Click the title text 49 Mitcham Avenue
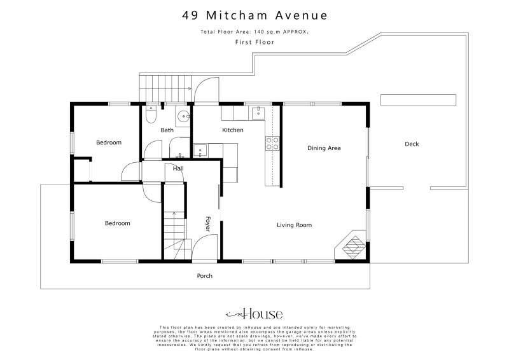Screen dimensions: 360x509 click(254, 15)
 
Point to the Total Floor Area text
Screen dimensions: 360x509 click(254, 31)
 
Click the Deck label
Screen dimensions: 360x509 click(412, 144)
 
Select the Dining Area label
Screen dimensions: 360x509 click(324, 148)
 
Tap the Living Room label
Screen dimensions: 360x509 click(294, 225)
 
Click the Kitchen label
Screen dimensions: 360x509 click(232, 130)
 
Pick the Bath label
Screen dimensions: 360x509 click(167, 130)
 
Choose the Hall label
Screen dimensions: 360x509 click(178, 168)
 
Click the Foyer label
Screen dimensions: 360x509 click(207, 223)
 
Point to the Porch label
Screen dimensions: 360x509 click(204, 276)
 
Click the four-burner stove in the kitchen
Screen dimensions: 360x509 click(273, 144)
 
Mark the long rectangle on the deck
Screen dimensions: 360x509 click(418, 100)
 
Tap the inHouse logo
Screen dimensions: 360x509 click(254, 314)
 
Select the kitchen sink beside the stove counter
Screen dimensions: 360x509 click(257, 114)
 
